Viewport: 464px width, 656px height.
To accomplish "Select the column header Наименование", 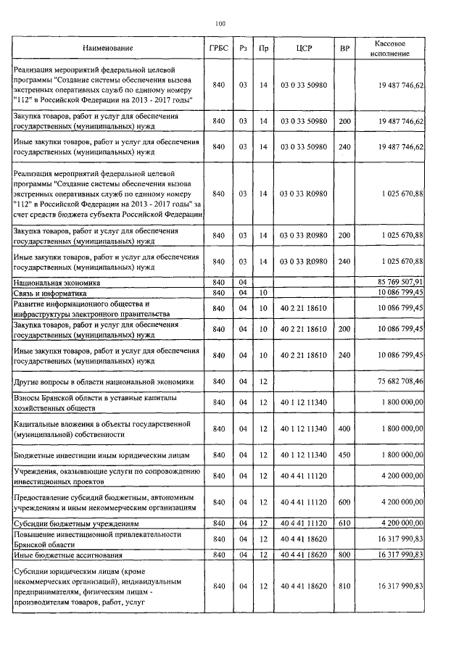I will [108, 48].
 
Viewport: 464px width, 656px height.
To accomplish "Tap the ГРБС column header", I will [219, 48].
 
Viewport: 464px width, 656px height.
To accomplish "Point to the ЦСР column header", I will [304, 48].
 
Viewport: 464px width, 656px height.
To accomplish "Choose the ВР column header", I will [344, 48].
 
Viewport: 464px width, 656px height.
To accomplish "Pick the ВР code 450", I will [344, 454].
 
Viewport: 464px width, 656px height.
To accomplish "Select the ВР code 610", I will [344, 523].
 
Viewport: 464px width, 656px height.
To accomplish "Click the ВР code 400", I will [344, 428].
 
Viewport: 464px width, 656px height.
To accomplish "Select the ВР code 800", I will [344, 555].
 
